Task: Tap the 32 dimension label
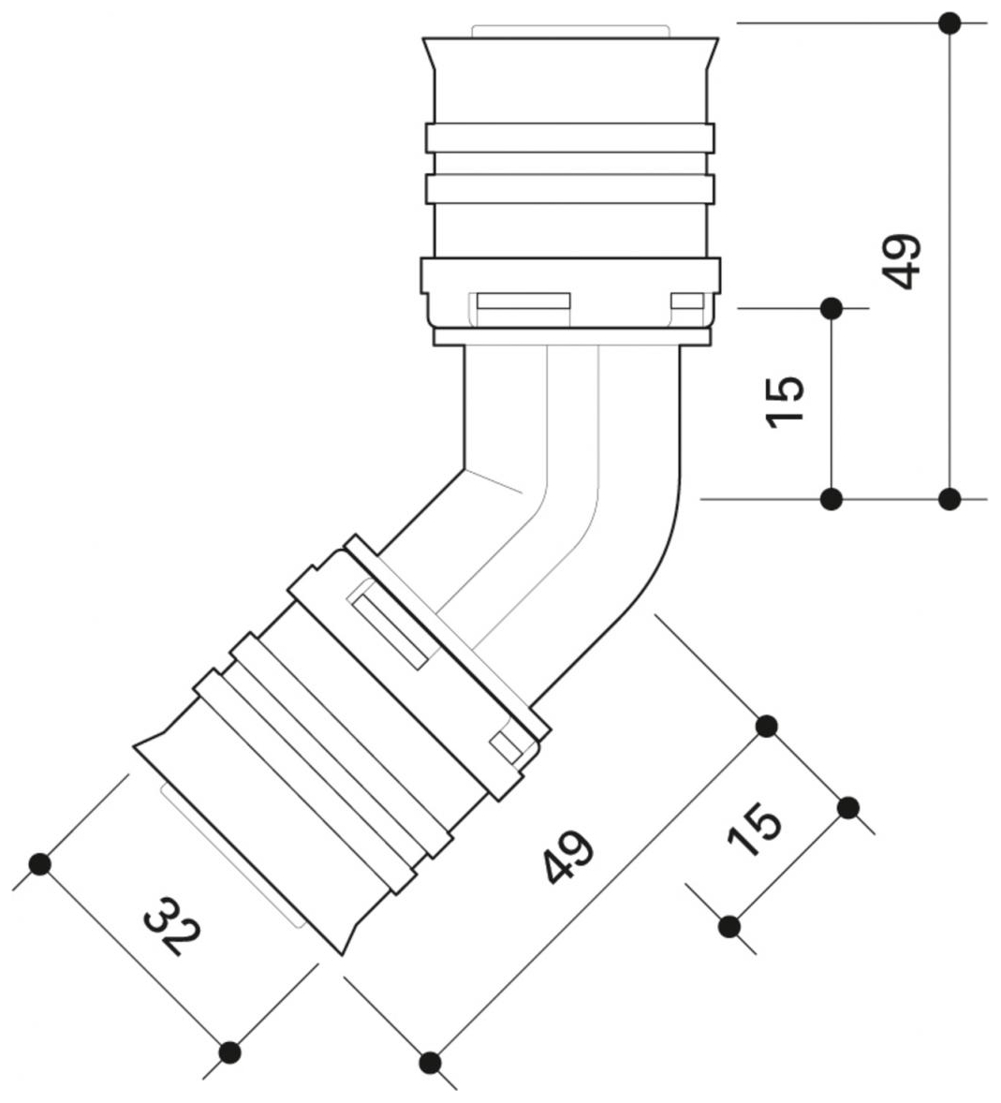pos(172,926)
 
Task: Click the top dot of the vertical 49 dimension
pos(949,22)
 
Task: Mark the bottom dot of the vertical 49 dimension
pos(949,498)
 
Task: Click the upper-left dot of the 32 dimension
pos(39,863)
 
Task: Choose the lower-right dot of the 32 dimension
pos(229,1052)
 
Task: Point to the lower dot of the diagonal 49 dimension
pos(431,1061)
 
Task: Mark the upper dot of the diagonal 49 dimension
pos(767,726)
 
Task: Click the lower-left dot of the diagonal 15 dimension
pos(730,927)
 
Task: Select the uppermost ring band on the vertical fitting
pos(570,139)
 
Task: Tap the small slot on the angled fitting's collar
pos(507,747)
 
